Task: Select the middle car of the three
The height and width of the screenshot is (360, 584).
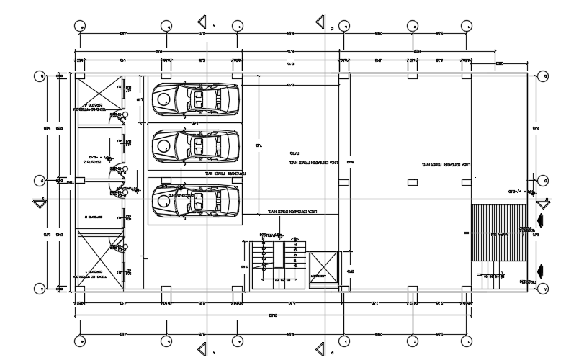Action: click(195, 145)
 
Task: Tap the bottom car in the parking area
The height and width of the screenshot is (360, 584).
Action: click(195, 200)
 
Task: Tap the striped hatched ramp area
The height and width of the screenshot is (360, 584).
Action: click(500, 233)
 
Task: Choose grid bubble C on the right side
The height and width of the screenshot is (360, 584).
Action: click(543, 75)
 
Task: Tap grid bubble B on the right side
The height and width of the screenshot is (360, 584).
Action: click(543, 180)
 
